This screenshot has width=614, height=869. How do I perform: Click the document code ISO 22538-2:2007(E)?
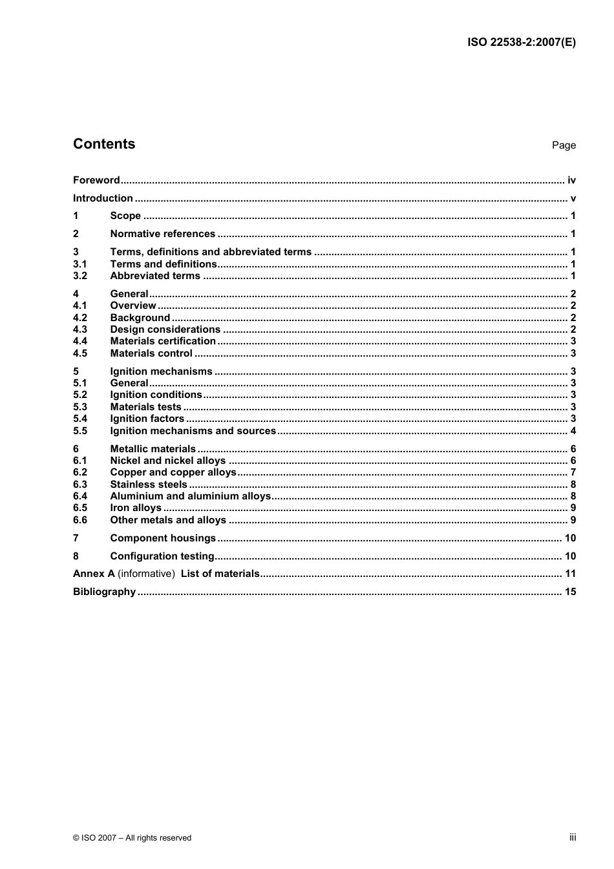(x=521, y=43)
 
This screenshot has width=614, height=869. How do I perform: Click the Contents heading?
(x=104, y=144)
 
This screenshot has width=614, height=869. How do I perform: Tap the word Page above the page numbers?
(x=564, y=145)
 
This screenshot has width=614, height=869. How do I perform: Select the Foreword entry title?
(x=96, y=180)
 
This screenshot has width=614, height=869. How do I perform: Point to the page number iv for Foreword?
(x=571, y=180)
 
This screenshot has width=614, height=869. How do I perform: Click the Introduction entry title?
(x=103, y=198)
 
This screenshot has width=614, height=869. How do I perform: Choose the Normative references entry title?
(x=162, y=234)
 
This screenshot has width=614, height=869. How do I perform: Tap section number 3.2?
(x=80, y=276)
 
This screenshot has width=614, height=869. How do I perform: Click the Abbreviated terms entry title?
(x=155, y=276)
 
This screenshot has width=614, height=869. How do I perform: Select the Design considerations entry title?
(x=165, y=330)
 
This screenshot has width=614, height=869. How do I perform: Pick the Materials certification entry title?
(x=163, y=341)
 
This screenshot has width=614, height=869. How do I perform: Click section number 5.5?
(x=80, y=431)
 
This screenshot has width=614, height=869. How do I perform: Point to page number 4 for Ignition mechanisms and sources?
(x=573, y=431)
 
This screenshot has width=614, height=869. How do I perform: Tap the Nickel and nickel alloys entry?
(x=168, y=461)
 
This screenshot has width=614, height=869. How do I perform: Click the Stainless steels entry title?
(x=149, y=485)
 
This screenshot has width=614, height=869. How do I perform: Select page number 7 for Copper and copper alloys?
(x=573, y=472)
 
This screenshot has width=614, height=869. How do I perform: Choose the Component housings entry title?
(x=163, y=538)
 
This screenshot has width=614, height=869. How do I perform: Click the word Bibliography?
(x=104, y=592)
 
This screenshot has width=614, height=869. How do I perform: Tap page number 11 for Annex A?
(x=570, y=574)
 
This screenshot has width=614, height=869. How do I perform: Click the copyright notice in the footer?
(x=132, y=838)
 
